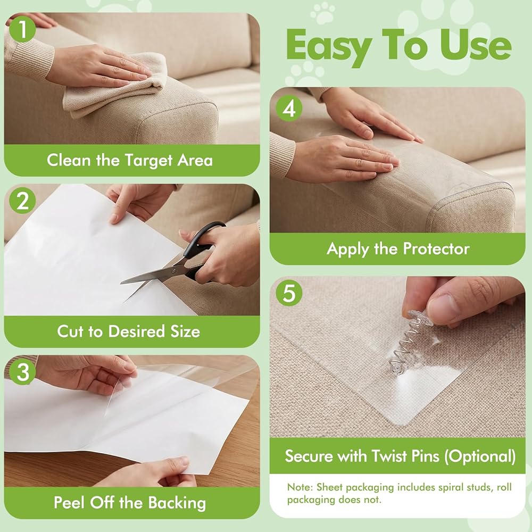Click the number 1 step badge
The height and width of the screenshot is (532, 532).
[22, 29]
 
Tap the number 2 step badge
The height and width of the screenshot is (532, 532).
[22, 201]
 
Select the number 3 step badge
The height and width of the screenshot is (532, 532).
[22, 371]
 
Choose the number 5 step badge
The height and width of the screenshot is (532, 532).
[289, 293]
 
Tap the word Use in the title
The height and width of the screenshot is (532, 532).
[476, 45]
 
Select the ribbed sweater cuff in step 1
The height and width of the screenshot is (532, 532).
[29, 57]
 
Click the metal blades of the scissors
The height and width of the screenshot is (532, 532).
[153, 277]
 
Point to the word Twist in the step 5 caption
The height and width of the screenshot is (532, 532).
[390, 456]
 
